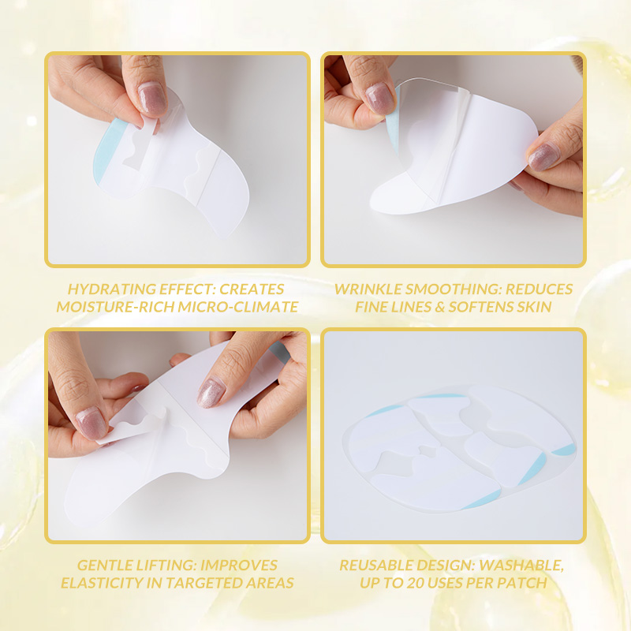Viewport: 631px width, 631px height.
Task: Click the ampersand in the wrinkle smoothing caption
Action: point(440,307)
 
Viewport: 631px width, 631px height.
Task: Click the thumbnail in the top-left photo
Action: point(152,99)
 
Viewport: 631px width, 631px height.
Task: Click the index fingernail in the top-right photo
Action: point(380,99)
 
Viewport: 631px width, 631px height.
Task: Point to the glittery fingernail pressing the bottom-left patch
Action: point(211,392)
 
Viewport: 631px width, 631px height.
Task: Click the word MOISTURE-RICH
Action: point(115,307)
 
